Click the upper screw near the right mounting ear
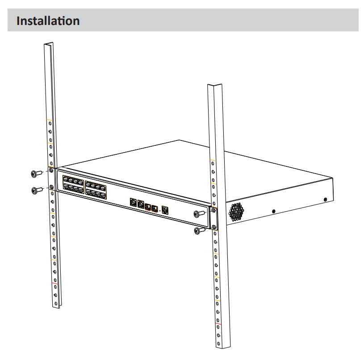click(199, 215)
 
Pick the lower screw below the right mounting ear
click(200, 231)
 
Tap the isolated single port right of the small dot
click(166, 210)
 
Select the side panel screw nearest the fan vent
click(273, 210)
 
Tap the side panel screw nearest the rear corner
click(325, 199)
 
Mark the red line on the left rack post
click(54, 284)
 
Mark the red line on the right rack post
click(218, 323)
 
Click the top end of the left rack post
click(48, 44)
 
